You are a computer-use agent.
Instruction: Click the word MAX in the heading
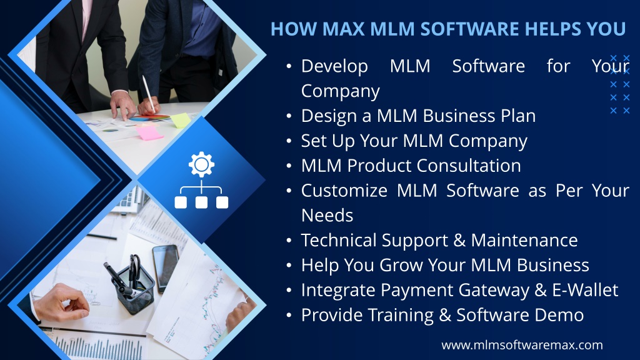[342, 29]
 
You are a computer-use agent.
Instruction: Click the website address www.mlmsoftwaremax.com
[522, 345]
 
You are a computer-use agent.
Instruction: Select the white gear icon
[201, 164]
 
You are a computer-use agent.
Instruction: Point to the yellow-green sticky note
[180, 121]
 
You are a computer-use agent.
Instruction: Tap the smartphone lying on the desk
[165, 268]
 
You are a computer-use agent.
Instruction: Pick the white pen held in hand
[149, 94]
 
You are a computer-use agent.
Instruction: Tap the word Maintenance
[524, 241]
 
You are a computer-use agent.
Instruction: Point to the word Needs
[327, 216]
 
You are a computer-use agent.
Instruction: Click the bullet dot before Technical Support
[289, 241]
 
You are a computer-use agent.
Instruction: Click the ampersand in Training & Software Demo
[445, 315]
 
